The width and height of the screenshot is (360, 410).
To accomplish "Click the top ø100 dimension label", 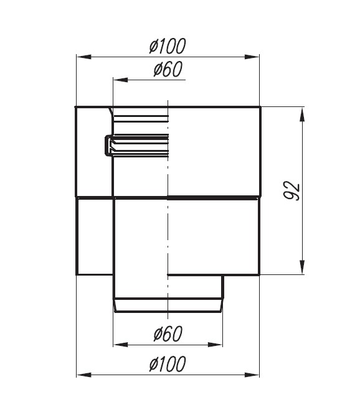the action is pyautogui.click(x=168, y=46).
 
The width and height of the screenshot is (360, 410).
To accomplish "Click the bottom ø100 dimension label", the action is pyautogui.click(x=168, y=364).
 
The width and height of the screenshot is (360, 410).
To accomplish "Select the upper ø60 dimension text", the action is pyautogui.click(x=168, y=69).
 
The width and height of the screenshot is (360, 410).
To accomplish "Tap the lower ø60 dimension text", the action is pyautogui.click(x=168, y=333).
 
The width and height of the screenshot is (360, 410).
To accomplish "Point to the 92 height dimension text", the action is pyautogui.click(x=292, y=190).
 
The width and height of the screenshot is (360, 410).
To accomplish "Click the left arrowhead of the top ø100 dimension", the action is pyautogui.click(x=83, y=57).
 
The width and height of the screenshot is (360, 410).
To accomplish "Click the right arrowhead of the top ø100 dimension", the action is pyautogui.click(x=252, y=57).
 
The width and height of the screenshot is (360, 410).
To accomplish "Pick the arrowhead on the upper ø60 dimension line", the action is pyautogui.click(x=120, y=80).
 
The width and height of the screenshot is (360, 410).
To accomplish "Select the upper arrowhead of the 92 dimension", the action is pyautogui.click(x=303, y=114).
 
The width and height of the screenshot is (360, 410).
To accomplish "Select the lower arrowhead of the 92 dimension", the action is pyautogui.click(x=303, y=267).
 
